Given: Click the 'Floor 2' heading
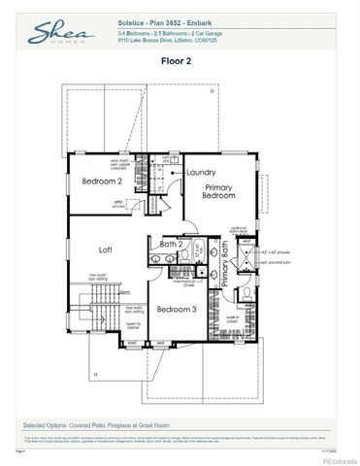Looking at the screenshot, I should coord(179,60).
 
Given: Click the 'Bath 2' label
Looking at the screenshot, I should coord(172,244).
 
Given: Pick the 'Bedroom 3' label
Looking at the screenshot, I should coord(177,310).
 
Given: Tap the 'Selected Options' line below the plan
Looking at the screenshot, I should coord(98,425).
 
